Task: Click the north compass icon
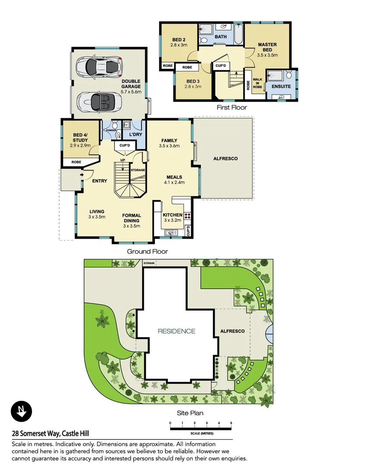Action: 21,412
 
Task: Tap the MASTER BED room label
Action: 267,47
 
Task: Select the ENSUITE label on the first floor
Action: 281,87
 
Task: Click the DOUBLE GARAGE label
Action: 131,84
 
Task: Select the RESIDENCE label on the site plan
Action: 177,331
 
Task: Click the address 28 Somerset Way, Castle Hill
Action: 50,434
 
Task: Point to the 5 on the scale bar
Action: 231,423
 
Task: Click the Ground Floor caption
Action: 147,251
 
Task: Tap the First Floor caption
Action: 232,107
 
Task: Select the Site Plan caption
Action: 190,413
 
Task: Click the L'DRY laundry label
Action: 135,134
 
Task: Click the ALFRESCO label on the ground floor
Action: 225,159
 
